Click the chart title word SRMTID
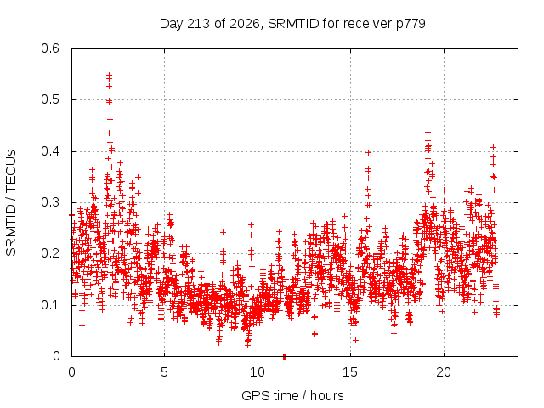click(x=293, y=24)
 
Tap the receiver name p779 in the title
click(x=411, y=25)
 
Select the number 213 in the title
click(x=198, y=24)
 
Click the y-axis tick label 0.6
click(x=50, y=48)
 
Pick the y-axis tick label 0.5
click(x=50, y=99)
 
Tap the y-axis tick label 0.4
click(x=50, y=151)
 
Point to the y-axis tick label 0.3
click(x=50, y=202)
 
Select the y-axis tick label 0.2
click(x=50, y=253)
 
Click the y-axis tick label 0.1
click(x=50, y=305)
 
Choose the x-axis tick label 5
click(x=164, y=372)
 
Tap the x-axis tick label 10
click(x=258, y=372)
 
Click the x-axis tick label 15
click(x=350, y=372)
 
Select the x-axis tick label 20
click(x=444, y=372)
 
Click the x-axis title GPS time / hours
click(x=292, y=396)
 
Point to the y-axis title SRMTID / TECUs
click(x=11, y=203)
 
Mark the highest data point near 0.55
click(x=110, y=75)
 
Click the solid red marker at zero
click(x=285, y=356)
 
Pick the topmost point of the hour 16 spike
click(x=368, y=152)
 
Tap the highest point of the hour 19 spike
click(x=428, y=133)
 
